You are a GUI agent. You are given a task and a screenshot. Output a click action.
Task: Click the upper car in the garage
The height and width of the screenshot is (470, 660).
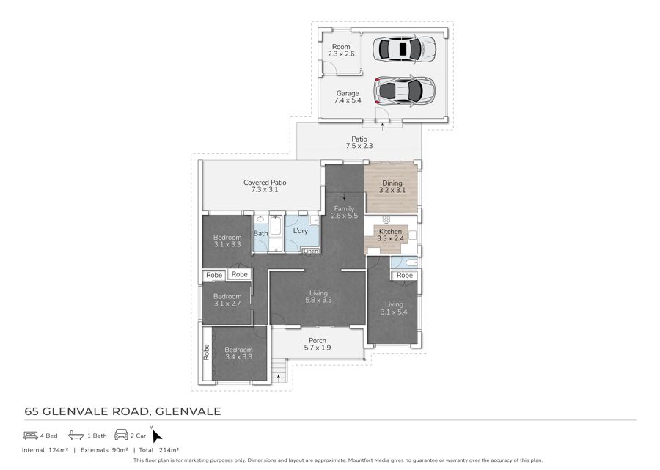point(404,49)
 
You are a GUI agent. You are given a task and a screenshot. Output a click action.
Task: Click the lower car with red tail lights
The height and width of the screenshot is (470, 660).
point(404,90)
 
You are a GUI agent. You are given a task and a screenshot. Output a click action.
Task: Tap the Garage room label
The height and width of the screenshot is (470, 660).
point(348,97)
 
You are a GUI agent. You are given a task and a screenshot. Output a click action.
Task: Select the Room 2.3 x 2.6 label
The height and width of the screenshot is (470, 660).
point(341,51)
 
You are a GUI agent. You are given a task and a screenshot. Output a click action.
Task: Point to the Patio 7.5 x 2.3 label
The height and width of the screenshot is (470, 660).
point(359,142)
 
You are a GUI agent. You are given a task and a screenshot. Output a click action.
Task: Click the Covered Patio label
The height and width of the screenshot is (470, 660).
point(265,186)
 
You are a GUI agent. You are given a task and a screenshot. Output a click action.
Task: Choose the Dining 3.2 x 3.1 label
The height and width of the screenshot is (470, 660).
point(392,186)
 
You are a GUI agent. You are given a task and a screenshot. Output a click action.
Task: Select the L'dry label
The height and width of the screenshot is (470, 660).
point(301,230)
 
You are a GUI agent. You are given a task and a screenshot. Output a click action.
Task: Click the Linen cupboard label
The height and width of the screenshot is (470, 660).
point(311,251)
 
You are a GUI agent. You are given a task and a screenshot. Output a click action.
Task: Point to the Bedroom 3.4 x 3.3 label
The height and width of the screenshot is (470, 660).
point(238,353)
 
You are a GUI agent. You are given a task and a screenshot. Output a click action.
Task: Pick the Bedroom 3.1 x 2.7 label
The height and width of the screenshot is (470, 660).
point(227,300)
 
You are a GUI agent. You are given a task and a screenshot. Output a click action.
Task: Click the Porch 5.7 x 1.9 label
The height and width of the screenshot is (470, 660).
point(318,344)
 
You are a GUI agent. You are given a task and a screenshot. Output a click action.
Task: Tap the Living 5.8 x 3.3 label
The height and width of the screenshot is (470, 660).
point(319,297)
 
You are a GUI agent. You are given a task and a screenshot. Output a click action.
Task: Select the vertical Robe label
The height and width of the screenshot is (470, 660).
point(207,352)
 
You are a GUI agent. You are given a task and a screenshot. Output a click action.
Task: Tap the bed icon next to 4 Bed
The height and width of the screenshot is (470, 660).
point(31,435)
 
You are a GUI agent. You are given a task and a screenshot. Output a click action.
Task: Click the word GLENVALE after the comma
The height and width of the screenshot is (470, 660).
point(188,411)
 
